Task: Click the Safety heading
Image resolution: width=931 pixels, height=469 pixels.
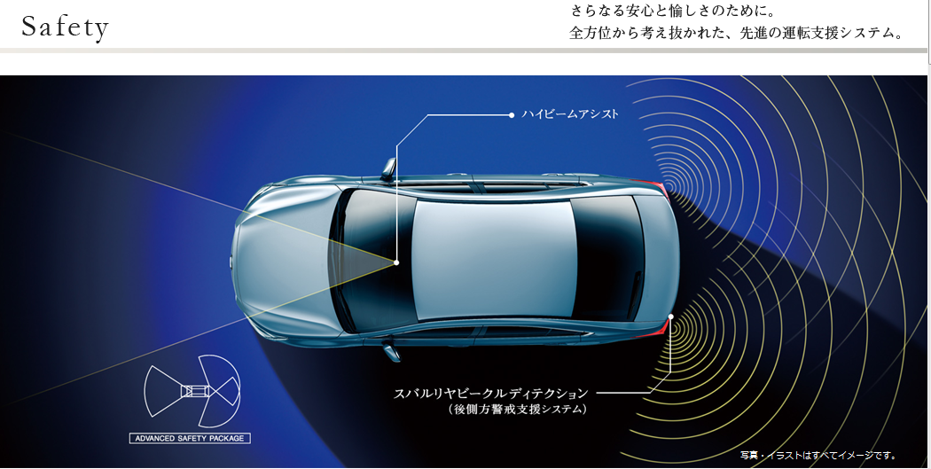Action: pos(65,27)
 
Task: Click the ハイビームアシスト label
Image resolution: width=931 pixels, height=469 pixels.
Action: pos(570,114)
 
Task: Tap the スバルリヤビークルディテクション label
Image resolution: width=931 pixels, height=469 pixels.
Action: pos(491,392)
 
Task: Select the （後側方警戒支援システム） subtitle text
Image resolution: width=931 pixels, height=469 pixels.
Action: pos(518,410)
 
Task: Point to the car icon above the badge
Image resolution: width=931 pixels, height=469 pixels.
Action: pos(192,390)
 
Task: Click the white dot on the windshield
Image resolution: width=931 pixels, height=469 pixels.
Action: pos(396,262)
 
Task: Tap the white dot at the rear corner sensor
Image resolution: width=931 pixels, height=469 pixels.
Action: pos(672,317)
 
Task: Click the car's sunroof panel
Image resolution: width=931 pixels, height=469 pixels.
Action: pos(493,257)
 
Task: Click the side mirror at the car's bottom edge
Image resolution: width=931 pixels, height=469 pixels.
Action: pos(391,353)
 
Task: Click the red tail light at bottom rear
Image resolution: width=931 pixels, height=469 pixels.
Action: pos(658,330)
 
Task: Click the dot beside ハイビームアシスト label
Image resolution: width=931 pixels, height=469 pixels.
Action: pos(512,114)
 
